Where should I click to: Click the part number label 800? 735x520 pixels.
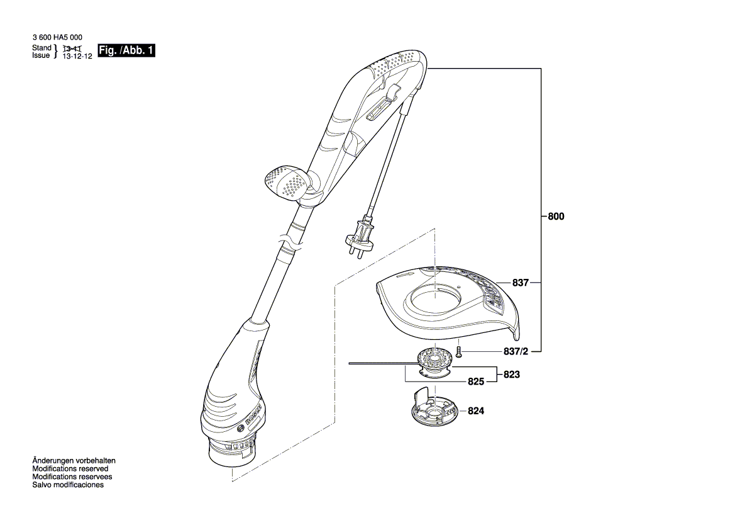(556, 216)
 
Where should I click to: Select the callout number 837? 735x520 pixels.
(520, 283)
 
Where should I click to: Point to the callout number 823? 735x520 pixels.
(512, 374)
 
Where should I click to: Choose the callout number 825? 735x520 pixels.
(476, 382)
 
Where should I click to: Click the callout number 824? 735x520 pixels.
(476, 411)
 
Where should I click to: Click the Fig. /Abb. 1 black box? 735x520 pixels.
(126, 51)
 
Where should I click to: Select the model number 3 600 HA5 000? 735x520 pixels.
(57, 38)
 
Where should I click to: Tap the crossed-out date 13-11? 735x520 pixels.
(73, 48)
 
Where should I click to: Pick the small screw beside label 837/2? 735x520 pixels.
(459, 351)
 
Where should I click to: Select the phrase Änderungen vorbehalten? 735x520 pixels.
(74, 461)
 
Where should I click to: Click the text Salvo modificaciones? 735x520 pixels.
(68, 485)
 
